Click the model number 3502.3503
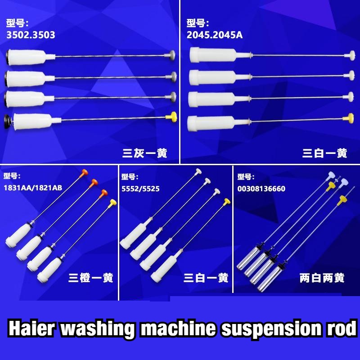[31, 35]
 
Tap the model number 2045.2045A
[215, 35]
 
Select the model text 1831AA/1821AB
[33, 188]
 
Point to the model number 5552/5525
[140, 189]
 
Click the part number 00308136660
[261, 189]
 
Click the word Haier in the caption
[31, 328]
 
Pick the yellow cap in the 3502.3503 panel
[171, 117]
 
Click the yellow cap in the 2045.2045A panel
[348, 118]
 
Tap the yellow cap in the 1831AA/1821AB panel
[113, 202]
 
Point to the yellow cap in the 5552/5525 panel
[227, 202]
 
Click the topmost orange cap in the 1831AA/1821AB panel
[84, 173]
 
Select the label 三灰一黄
[144, 153]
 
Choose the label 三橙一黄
[91, 278]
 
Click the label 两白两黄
[322, 278]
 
